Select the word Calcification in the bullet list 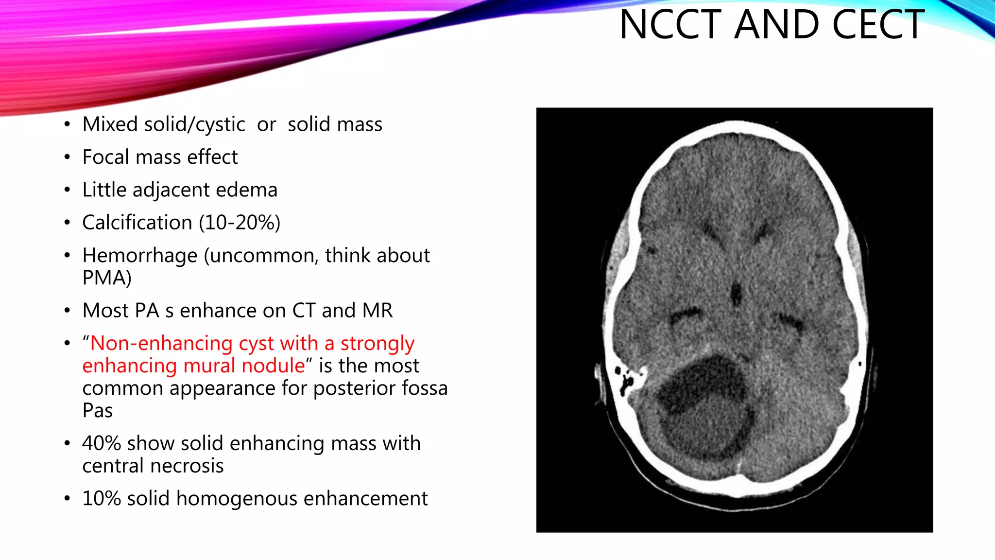point(137,223)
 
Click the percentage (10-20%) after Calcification point(240,223)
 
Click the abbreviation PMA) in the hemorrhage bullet point(107,278)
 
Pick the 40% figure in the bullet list point(101,443)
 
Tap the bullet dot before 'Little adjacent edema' point(67,190)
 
